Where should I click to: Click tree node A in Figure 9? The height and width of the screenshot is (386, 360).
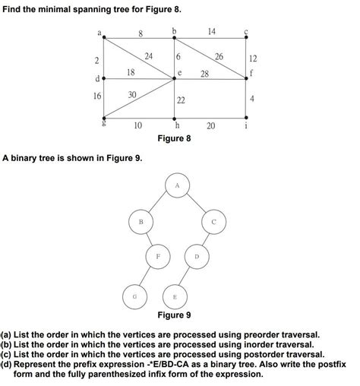pyautogui.click(x=177, y=185)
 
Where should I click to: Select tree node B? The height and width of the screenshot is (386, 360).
pyautogui.click(x=140, y=221)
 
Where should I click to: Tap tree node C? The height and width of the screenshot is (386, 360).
pyautogui.click(x=213, y=221)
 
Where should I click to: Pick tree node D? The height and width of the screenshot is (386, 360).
pyautogui.click(x=196, y=257)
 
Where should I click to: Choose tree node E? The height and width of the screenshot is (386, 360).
pyautogui.click(x=176, y=294)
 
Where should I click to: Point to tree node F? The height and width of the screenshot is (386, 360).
pyautogui.click(x=158, y=257)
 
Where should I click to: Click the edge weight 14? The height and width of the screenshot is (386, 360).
pyautogui.click(x=212, y=31)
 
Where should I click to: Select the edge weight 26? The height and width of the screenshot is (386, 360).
pyautogui.click(x=219, y=58)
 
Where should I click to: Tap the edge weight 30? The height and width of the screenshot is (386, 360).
pyautogui.click(x=132, y=95)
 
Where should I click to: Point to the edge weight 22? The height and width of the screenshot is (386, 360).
pyautogui.click(x=181, y=100)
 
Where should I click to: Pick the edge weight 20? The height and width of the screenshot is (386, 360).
pyautogui.click(x=210, y=126)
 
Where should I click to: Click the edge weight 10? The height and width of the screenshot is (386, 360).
pyautogui.click(x=137, y=126)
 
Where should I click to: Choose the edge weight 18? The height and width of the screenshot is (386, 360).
pyautogui.click(x=131, y=71)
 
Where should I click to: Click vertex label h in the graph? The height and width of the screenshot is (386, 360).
pyautogui.click(x=177, y=126)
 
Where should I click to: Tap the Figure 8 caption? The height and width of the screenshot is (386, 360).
pyautogui.click(x=174, y=139)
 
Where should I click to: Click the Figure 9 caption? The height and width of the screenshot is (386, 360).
pyautogui.click(x=174, y=315)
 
